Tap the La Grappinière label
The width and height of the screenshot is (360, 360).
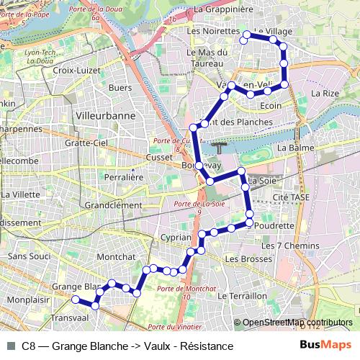click(223, 9)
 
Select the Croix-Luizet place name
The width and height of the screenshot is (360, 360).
click(74, 71)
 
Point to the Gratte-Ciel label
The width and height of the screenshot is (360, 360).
click(86, 143)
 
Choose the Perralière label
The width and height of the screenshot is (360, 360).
click(121, 176)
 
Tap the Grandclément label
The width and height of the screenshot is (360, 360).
click(114, 204)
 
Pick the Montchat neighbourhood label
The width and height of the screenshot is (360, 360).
click(116, 256)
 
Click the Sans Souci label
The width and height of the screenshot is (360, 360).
click(27, 256)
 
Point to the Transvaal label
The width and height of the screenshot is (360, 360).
click(70, 317)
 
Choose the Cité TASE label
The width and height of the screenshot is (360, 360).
click(290, 197)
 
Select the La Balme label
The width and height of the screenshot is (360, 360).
click(292, 148)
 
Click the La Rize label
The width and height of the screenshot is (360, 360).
click(325, 93)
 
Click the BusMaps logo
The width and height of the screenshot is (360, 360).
click(322, 346)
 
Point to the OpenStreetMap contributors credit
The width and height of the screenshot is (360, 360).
click(297, 323)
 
